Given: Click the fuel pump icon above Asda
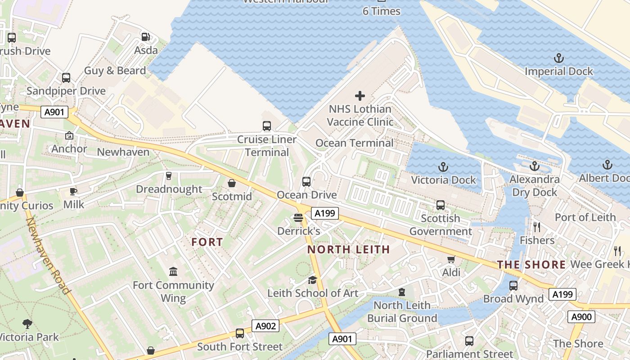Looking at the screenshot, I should (145, 37).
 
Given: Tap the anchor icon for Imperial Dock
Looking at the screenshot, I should (558, 58).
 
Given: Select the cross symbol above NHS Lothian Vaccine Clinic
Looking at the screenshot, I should (360, 95).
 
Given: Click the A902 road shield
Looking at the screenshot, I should (265, 326).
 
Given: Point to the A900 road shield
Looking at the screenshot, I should (581, 317).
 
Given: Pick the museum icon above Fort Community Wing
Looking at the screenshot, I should (173, 271).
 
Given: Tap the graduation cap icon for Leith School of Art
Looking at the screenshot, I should (312, 280).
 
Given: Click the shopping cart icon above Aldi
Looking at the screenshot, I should (451, 259).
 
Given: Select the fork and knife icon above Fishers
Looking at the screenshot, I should (536, 227).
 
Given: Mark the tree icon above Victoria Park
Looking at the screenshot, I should (27, 324).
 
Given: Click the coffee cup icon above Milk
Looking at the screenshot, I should (73, 191).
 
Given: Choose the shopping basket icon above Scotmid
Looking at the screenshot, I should (232, 183).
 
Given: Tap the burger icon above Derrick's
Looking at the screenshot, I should (298, 218).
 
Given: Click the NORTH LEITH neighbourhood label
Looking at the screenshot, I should (348, 249).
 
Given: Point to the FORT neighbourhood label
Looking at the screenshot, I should (207, 242).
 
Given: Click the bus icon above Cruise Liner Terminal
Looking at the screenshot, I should (267, 126).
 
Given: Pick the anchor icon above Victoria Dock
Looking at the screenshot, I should (443, 167).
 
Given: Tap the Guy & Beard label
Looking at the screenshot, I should (115, 71).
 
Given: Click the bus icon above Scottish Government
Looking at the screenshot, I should (441, 205).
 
